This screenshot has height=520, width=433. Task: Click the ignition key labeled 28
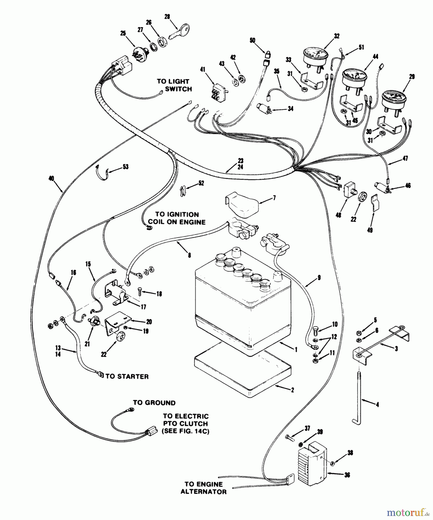point(179,33)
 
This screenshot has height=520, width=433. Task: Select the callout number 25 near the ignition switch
point(123,34)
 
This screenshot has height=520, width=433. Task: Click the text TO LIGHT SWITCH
point(174,85)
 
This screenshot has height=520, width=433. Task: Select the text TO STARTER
point(127,376)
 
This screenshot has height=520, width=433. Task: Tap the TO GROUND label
point(154,403)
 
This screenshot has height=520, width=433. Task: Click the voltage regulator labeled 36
point(313,462)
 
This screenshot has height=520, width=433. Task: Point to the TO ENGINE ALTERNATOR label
point(204,488)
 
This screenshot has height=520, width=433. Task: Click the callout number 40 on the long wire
point(51,179)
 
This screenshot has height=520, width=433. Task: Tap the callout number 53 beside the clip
point(125,167)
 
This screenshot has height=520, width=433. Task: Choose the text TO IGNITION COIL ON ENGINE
point(177,218)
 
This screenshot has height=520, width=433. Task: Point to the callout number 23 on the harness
point(240,161)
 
